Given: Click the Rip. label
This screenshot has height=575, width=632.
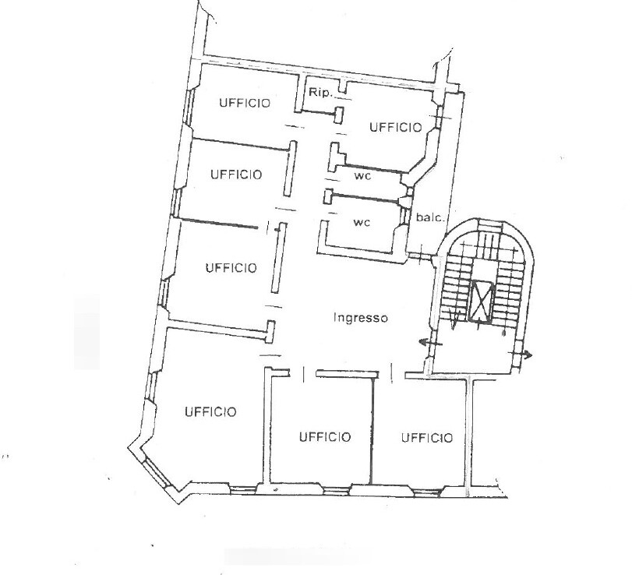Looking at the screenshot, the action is click(x=321, y=93).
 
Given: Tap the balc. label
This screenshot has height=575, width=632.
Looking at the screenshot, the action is click(x=430, y=217).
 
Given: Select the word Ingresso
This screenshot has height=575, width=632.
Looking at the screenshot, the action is click(x=360, y=318).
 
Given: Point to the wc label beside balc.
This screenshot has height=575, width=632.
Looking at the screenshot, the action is click(x=362, y=222).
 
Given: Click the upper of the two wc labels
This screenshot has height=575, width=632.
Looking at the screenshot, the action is click(x=362, y=175).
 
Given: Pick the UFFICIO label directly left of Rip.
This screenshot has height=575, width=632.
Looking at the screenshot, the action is click(x=245, y=103).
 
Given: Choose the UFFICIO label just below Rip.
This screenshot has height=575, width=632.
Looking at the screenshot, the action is click(x=396, y=127).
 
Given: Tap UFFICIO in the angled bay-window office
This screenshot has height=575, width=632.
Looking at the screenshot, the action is click(x=210, y=412).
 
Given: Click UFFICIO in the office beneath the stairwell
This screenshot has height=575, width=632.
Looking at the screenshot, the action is click(x=427, y=438).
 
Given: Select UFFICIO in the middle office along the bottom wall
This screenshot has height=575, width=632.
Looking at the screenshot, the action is click(x=325, y=437).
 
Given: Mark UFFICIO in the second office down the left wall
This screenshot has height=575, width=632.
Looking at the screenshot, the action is click(x=236, y=175).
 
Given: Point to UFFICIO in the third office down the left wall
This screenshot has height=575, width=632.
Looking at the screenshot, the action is click(x=231, y=268).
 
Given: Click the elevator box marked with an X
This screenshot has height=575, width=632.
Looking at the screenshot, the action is click(x=482, y=301).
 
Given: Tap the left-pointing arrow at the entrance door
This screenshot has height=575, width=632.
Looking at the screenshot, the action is click(x=431, y=344).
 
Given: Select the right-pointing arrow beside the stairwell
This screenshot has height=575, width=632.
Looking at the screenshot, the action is click(x=523, y=355).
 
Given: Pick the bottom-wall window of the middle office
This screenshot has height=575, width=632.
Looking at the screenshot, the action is click(x=336, y=491).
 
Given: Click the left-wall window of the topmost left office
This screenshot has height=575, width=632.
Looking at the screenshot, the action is click(x=188, y=106).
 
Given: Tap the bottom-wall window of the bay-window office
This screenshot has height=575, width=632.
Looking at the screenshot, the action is click(x=242, y=490).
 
